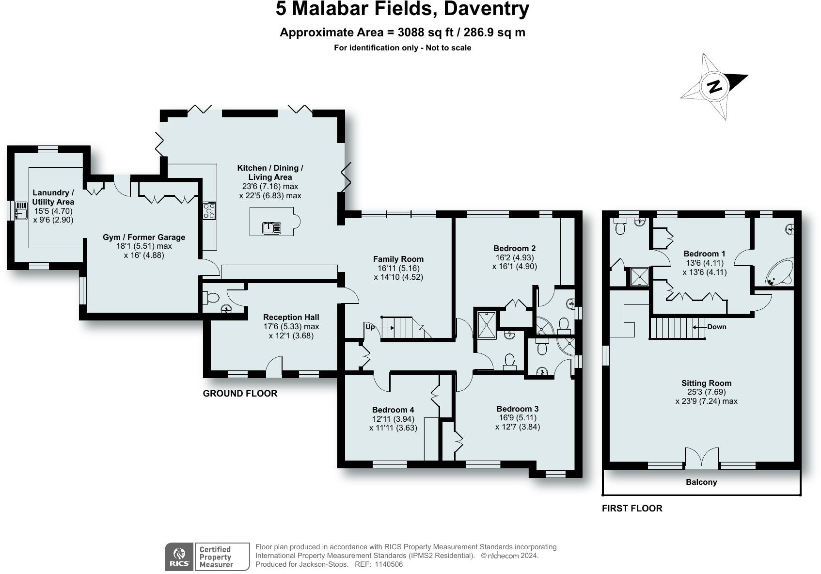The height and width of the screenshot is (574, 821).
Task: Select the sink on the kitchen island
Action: point(271,228)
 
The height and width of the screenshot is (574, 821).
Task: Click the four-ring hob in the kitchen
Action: point(209,211)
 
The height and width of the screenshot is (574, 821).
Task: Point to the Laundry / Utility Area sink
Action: point(21,210)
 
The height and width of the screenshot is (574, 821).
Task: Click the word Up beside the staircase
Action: point(370,327)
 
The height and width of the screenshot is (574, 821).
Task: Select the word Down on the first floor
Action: point(716,327)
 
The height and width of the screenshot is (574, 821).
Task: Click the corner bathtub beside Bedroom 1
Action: point(780,272)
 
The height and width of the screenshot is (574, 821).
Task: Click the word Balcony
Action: point(701,482)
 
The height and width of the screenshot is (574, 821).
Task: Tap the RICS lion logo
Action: point(179,557)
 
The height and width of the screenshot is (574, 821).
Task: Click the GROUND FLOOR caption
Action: point(240,393)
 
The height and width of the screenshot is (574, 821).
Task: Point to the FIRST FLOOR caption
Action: point(632,508)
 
